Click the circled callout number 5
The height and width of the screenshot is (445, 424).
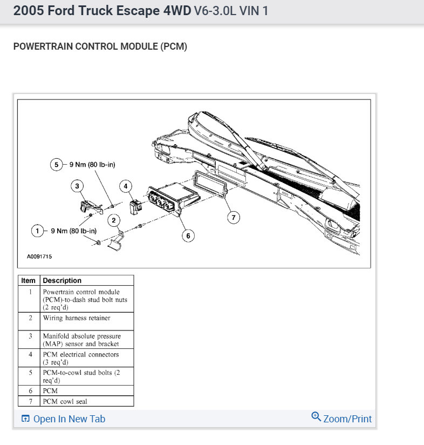(x=57, y=165)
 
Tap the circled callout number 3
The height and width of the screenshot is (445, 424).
(x=78, y=186)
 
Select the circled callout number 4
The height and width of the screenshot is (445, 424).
(x=126, y=186)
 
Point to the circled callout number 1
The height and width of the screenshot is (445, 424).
(x=38, y=231)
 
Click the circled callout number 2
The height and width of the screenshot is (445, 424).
(x=114, y=220)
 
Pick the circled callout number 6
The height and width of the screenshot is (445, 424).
(x=188, y=235)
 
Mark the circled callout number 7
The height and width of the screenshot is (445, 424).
(x=233, y=218)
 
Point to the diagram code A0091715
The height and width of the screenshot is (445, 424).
(x=39, y=257)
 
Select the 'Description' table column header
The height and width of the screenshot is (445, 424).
(x=62, y=280)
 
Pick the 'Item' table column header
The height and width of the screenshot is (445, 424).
(x=29, y=280)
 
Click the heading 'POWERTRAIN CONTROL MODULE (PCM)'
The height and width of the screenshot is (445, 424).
(x=100, y=46)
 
